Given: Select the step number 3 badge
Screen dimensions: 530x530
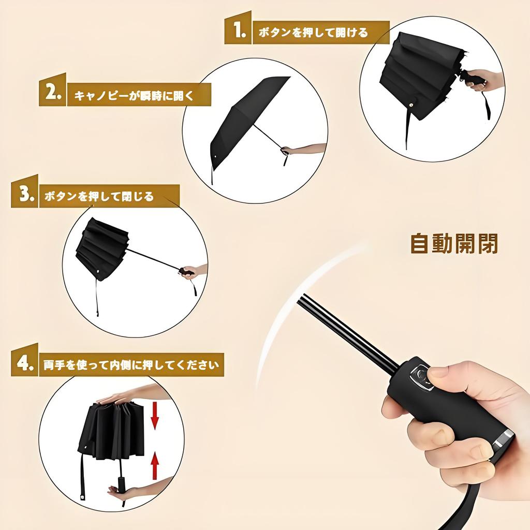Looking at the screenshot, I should (x=25, y=195).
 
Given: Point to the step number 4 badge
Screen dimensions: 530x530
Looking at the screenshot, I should (x=25, y=363).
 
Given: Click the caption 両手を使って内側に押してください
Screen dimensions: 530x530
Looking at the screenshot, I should (x=131, y=364).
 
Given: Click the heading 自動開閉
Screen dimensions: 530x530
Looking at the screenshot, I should (x=454, y=243).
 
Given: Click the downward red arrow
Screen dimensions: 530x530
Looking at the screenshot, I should (x=154, y=417).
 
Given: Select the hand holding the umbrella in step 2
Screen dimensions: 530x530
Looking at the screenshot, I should (x=305, y=150).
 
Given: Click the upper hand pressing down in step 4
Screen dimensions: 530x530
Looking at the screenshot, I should (x=129, y=396).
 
